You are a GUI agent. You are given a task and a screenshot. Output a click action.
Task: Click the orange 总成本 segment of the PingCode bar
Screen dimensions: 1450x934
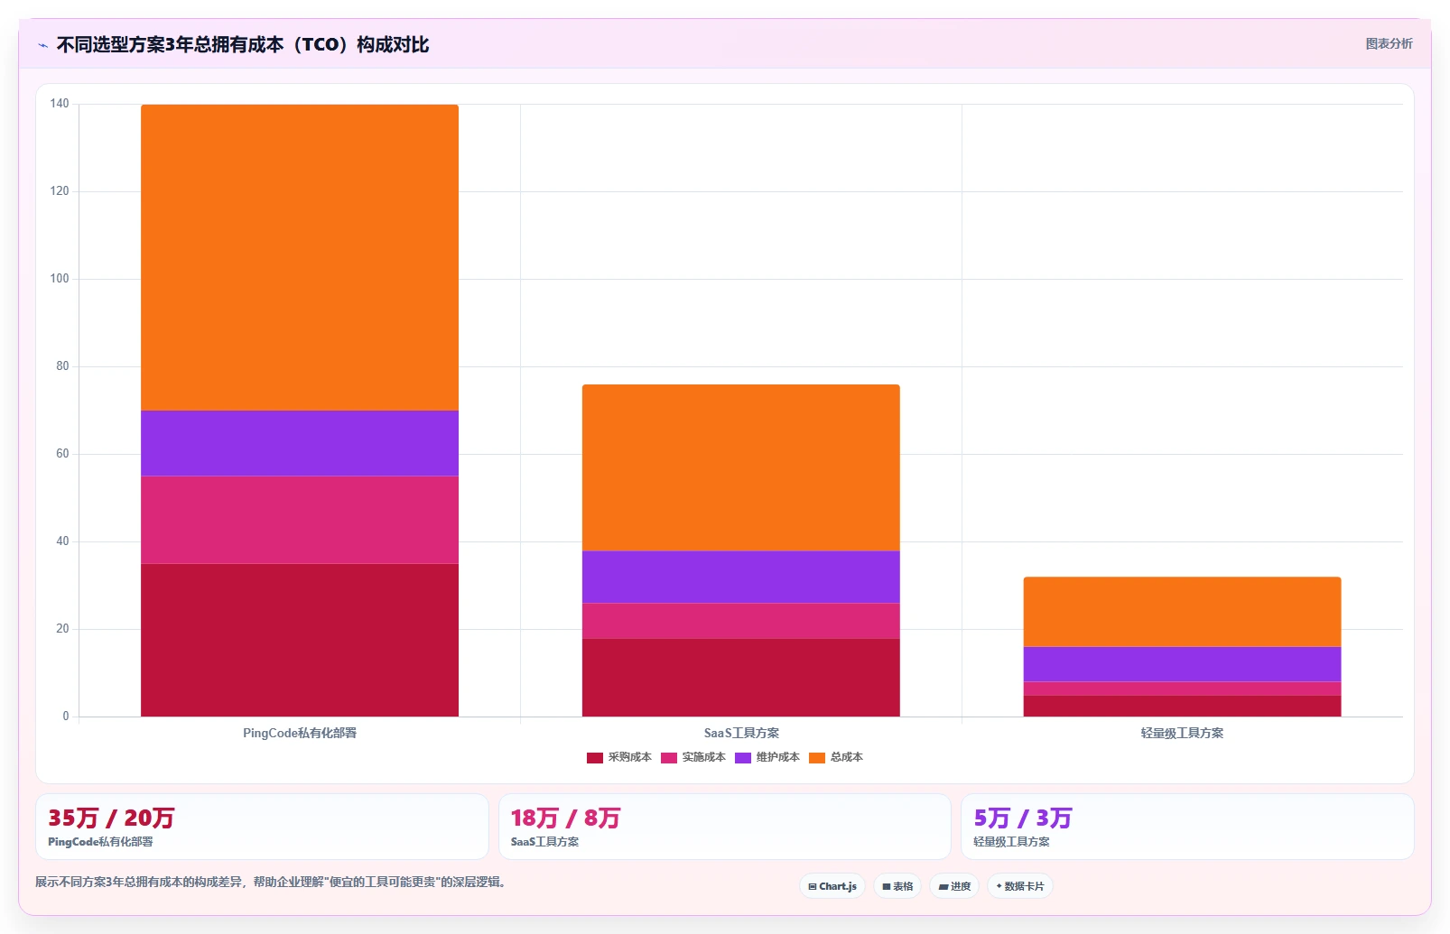[x=300, y=257]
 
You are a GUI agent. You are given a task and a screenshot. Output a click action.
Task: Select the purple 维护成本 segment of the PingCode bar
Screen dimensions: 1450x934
[x=300, y=443]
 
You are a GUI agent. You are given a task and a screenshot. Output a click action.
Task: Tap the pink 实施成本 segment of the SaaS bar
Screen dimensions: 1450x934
[x=740, y=621]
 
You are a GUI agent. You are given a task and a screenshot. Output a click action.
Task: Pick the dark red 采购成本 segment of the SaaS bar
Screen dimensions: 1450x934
[x=740, y=677]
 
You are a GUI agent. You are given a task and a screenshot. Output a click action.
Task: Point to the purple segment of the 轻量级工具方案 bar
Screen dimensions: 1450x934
[x=1182, y=664]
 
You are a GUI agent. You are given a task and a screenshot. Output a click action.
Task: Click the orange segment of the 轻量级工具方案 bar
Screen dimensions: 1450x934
[x=1182, y=612]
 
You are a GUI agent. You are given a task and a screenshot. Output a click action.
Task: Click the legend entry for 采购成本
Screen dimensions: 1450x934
[x=619, y=757]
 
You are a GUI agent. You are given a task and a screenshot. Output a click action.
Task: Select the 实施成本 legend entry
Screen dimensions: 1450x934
[x=693, y=757]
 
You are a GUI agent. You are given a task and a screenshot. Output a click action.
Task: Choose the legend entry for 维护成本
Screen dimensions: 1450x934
[x=767, y=757]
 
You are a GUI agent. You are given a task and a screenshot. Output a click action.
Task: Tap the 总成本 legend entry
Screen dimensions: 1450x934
[x=836, y=757]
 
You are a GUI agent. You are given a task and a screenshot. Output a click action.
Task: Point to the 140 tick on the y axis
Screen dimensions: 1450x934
[x=60, y=104]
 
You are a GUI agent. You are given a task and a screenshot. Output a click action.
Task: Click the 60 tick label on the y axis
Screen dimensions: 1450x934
[x=63, y=453]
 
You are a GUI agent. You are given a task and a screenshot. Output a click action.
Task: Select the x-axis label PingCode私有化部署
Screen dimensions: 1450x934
[x=300, y=733]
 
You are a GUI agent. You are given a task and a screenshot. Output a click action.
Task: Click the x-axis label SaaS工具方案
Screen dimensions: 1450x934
[x=741, y=733]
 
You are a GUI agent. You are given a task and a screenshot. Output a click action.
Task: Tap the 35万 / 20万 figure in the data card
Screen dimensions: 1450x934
[x=111, y=818]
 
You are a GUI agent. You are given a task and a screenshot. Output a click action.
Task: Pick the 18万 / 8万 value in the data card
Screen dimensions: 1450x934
[x=566, y=818]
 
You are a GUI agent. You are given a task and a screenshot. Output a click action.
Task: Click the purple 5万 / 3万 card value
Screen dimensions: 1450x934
[x=1023, y=818]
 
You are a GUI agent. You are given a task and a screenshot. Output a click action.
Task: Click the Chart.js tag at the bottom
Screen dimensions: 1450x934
[x=832, y=886]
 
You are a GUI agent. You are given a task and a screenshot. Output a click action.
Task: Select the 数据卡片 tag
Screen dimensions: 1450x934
[x=1020, y=886]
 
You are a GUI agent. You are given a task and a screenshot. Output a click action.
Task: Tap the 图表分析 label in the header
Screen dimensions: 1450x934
[x=1390, y=44]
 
